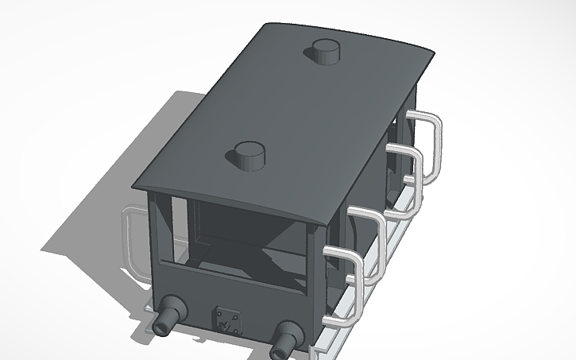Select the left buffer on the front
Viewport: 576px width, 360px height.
click(x=168, y=316)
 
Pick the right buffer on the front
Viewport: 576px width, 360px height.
click(x=283, y=339)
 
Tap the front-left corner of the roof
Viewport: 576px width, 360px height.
click(x=137, y=187)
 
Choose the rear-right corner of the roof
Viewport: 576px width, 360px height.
click(x=434, y=53)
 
